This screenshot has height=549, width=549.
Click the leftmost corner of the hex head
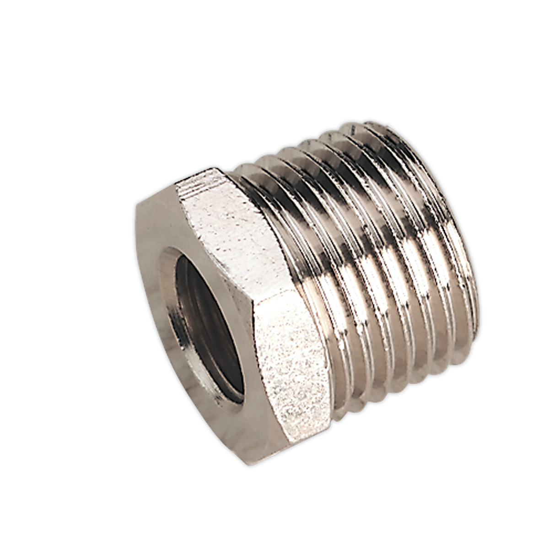[x=137, y=208]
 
